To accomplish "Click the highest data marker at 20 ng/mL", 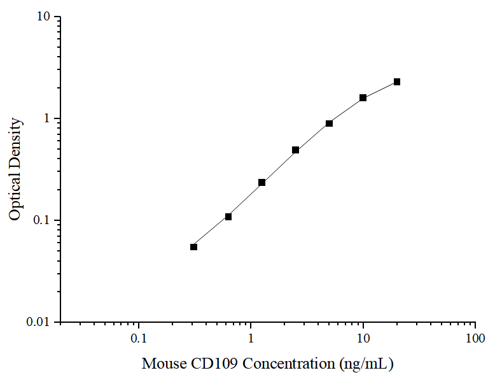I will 397,81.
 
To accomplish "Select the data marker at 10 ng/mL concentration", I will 363,97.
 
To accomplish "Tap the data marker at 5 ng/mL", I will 329,123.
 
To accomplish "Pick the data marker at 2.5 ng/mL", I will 295,150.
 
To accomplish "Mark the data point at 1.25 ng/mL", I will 261,182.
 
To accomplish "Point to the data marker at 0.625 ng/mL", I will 228,216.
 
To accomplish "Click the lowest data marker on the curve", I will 193,246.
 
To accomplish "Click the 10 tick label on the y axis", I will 44,17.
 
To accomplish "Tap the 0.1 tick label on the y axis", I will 42,220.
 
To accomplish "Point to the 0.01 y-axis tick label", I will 39,322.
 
